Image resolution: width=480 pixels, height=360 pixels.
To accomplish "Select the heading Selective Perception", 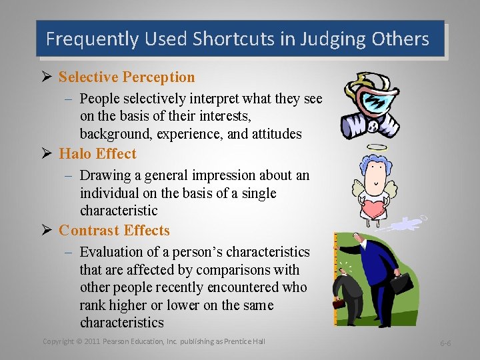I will pos(127,77).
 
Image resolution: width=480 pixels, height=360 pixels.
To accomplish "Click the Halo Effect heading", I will pos(97,154).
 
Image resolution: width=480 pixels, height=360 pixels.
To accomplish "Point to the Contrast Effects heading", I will pos(114,231).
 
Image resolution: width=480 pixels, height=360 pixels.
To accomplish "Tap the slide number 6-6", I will pos(445,343).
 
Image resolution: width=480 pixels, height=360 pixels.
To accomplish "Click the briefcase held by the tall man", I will pos(401,283).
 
